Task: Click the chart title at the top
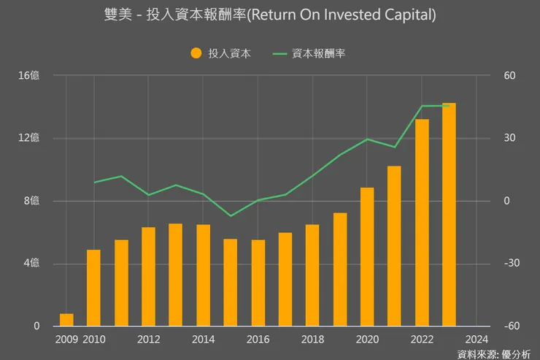point(270,15)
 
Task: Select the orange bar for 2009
point(66,320)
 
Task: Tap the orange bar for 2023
point(449,215)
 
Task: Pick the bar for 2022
point(422,223)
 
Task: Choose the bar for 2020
point(367,257)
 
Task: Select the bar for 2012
point(148,277)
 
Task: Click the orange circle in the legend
point(196,53)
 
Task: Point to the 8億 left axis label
point(34,201)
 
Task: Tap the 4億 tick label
point(34,264)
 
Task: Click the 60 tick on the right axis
point(509,75)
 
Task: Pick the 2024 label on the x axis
point(477,339)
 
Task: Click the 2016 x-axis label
point(258,339)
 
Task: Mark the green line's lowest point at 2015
point(231,216)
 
